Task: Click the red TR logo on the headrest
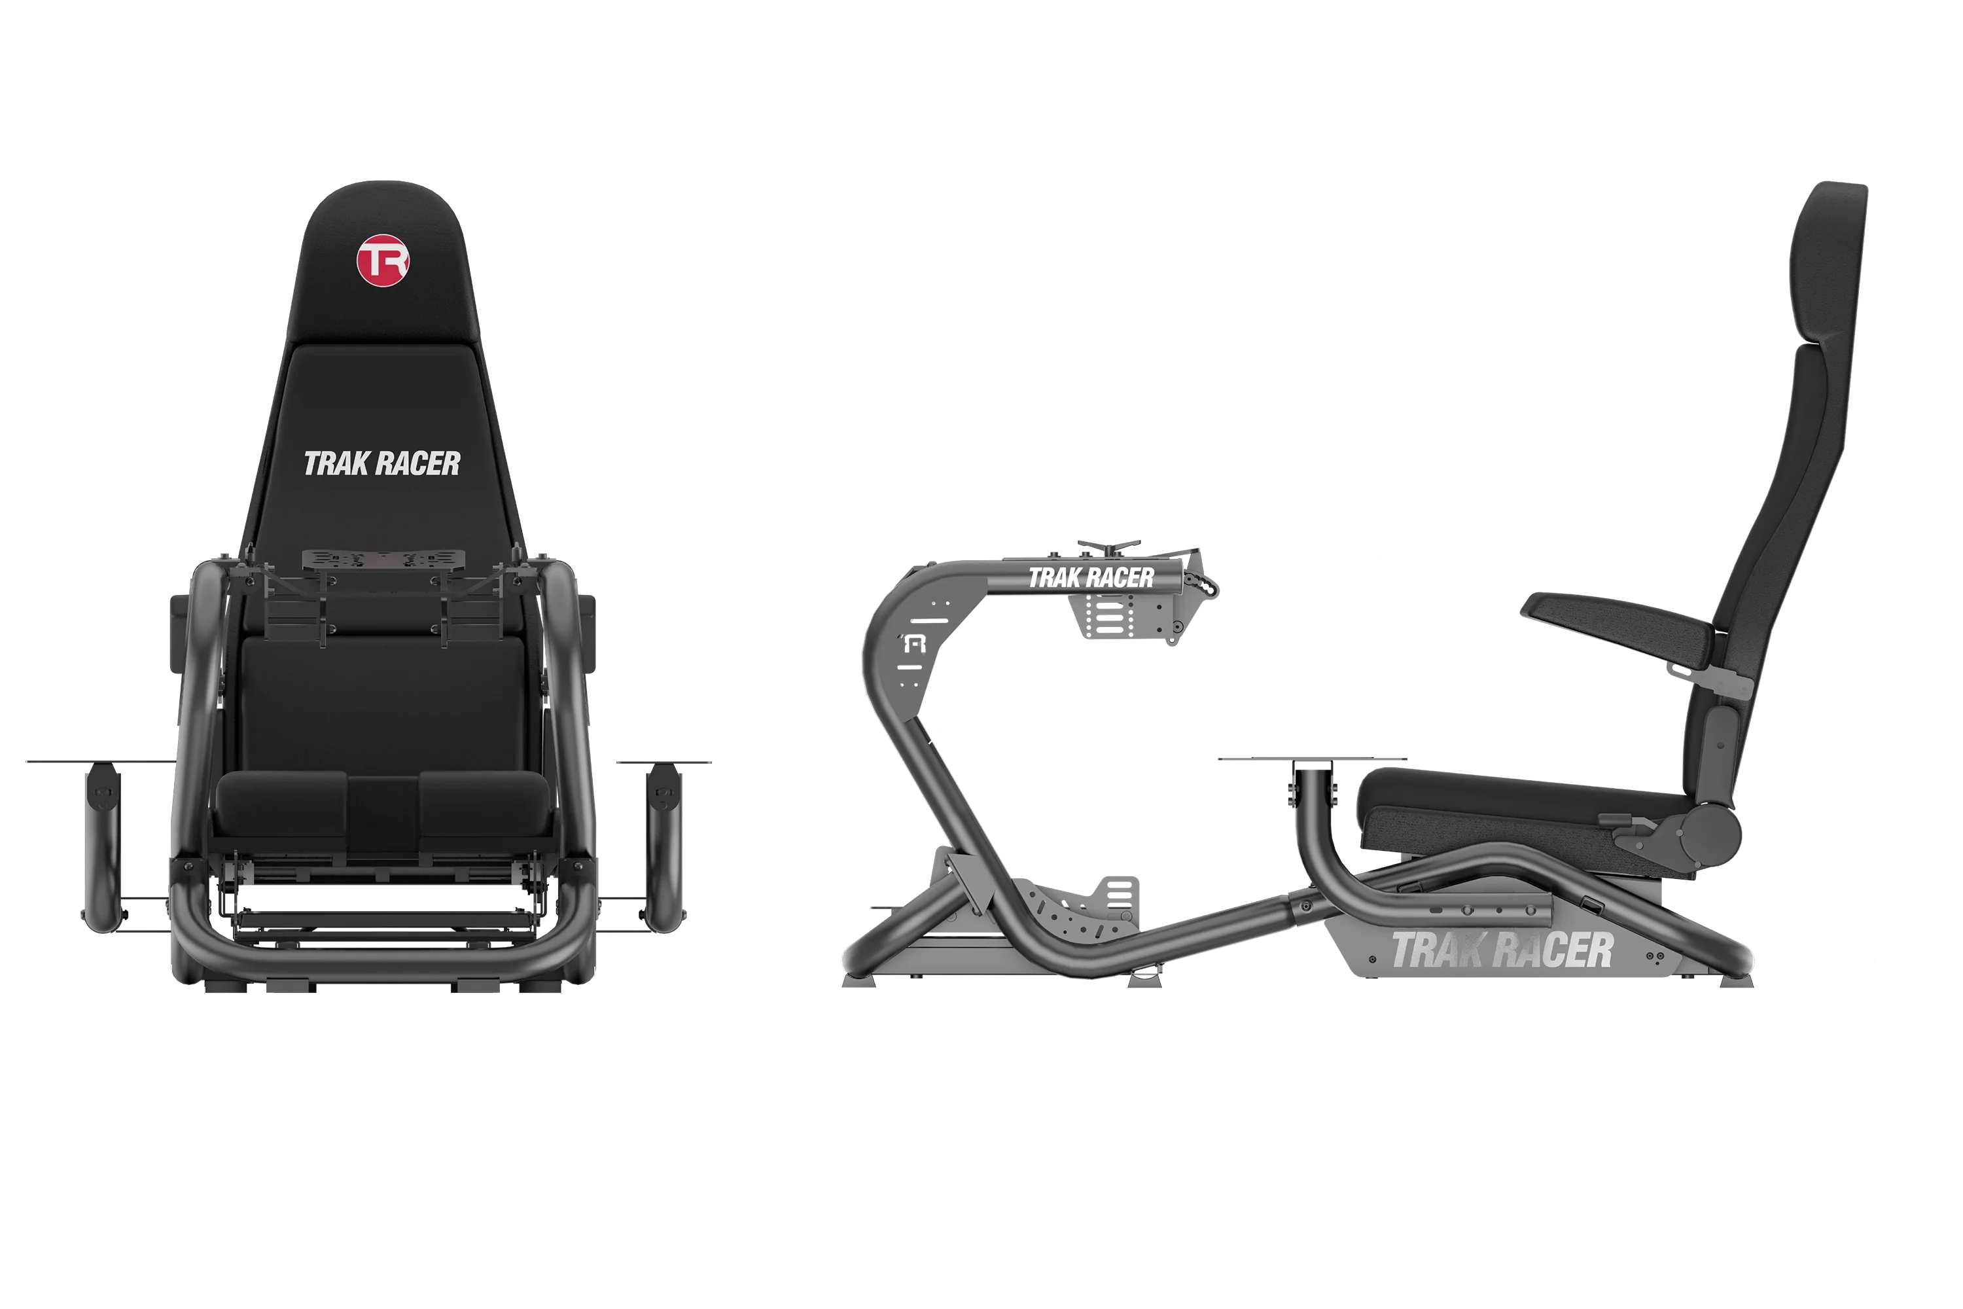point(382,260)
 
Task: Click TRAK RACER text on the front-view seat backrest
point(381,464)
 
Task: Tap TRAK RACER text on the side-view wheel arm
point(1090,578)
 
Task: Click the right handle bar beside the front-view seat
point(663,843)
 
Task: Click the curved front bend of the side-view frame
point(889,634)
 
